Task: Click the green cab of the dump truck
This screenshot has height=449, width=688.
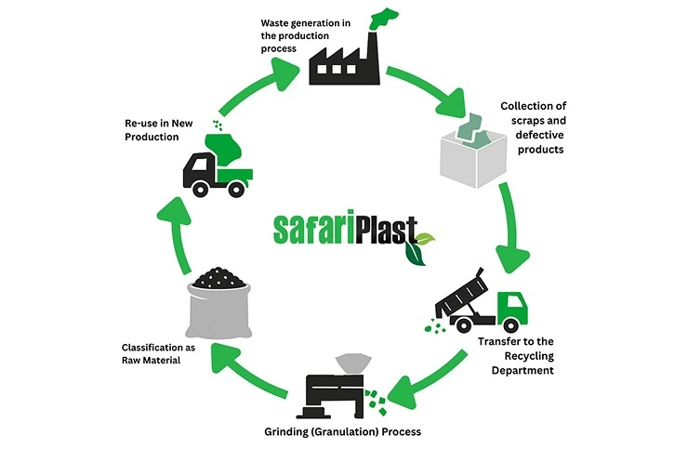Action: [x=511, y=310]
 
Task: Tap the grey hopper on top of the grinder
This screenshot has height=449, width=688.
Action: [x=351, y=360]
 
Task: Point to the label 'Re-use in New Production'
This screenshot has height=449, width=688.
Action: [x=166, y=129]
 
